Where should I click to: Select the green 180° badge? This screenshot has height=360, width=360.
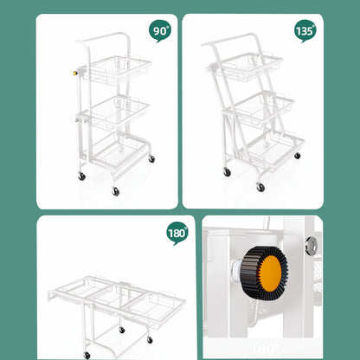point(177,232)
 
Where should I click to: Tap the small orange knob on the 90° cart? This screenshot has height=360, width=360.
point(76,74)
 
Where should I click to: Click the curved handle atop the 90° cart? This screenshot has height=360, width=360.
point(103,39)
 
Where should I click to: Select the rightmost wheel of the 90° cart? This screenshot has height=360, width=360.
point(151,159)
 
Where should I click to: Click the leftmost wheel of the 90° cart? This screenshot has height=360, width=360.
point(81,177)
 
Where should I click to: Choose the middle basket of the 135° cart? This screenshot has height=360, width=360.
point(263,108)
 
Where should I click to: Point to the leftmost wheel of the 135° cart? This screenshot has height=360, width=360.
point(228,172)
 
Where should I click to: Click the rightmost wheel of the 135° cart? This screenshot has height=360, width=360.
point(296,156)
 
